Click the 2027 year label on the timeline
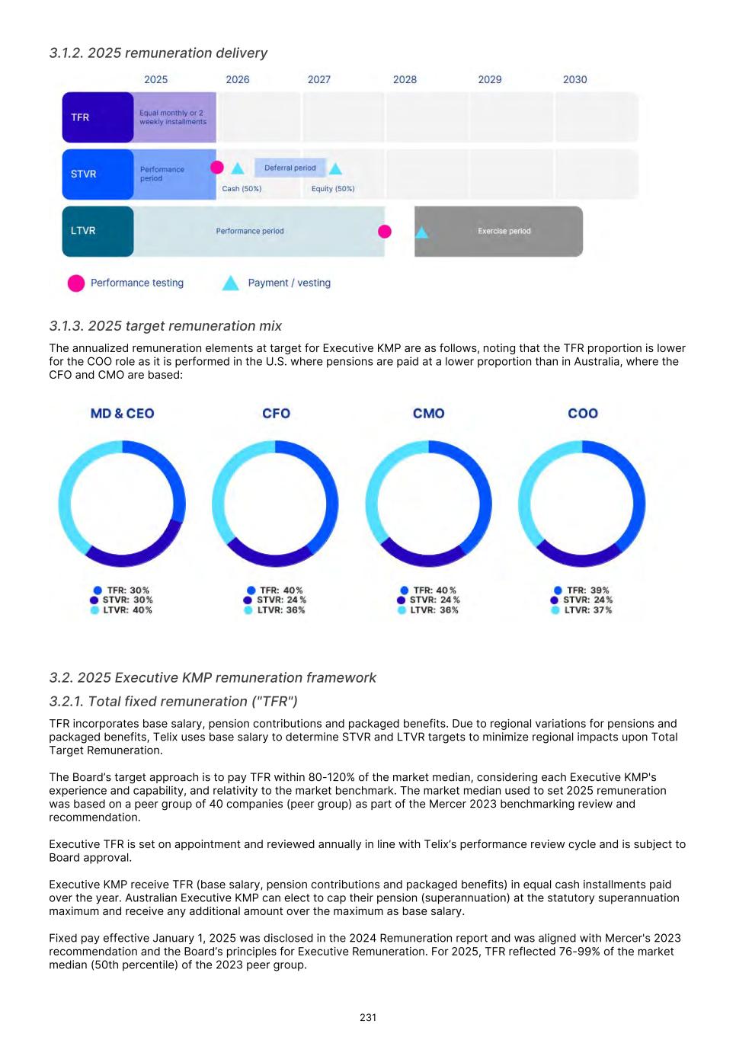[x=319, y=79]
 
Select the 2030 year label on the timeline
[x=574, y=79]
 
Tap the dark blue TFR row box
[x=98, y=117]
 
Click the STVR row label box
[x=98, y=174]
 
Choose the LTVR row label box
[x=98, y=231]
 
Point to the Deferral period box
[x=290, y=168]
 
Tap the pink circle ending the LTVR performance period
[x=385, y=231]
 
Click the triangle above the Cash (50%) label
[x=238, y=168]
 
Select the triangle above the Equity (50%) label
[x=335, y=168]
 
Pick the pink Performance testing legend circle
[x=76, y=283]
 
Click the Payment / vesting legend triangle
[x=230, y=283]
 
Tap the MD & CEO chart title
[x=122, y=413]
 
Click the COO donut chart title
[x=583, y=413]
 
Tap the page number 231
[x=368, y=1017]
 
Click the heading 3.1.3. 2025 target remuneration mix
[x=165, y=326]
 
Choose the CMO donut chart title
[x=428, y=413]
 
